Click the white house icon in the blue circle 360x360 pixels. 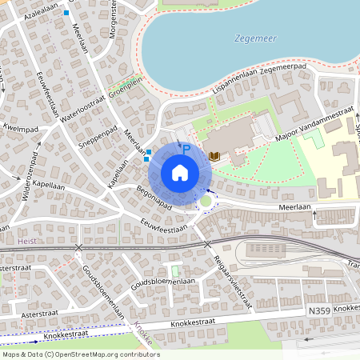coord(180,172)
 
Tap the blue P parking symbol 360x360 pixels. coord(186,149)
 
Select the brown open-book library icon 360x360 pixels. coord(214,155)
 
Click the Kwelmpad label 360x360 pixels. coord(20,126)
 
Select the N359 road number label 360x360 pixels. coord(318,310)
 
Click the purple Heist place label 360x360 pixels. coord(26,239)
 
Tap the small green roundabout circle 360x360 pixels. coord(206,202)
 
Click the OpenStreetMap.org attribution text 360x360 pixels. coord(100,354)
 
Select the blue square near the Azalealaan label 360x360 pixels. coord(66,13)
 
